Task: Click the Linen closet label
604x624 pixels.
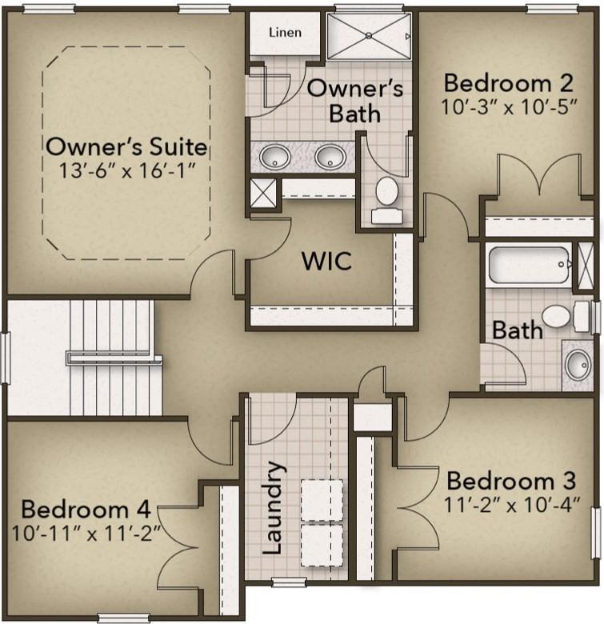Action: point(285,32)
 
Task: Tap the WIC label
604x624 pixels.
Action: point(326,261)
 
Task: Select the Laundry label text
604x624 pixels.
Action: point(274,508)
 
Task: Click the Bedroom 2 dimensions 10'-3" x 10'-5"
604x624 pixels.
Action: point(509,106)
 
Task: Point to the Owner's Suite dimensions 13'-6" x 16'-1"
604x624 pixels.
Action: point(127,170)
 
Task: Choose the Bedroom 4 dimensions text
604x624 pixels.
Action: point(86,534)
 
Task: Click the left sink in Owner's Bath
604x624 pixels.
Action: point(274,156)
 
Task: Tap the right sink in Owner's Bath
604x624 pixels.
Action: point(330,156)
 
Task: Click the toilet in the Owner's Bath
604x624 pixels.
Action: point(386,200)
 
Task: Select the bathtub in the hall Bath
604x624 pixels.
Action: point(529,265)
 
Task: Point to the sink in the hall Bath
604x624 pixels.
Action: point(578,365)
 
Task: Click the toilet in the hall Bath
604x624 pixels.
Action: point(566,316)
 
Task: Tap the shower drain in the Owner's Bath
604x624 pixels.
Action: point(369,36)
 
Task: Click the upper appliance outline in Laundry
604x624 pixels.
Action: point(322,500)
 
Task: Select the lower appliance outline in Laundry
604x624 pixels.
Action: point(322,546)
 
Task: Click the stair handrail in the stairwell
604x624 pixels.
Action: point(114,358)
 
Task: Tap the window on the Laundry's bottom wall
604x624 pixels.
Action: point(289,582)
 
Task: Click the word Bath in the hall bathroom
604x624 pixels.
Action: point(518,330)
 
